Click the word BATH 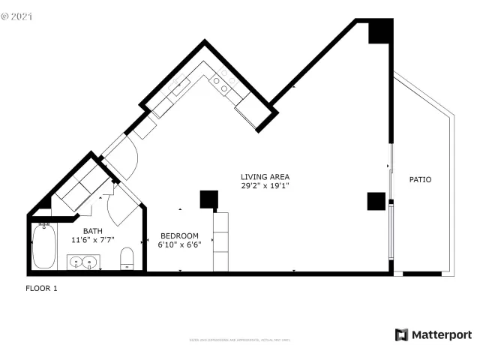coord(92,231)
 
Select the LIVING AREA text coord(265,176)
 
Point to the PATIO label coord(420,179)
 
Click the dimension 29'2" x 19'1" coord(265,185)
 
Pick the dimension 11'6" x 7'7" coord(92,240)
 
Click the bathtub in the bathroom coord(44,247)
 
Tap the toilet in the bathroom coord(127,258)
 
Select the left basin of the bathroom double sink coord(76,262)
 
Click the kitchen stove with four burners coord(220,83)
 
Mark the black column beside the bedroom coord(208,199)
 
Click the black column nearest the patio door coord(376,201)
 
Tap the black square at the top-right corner coord(379,31)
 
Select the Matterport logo coord(433,334)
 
